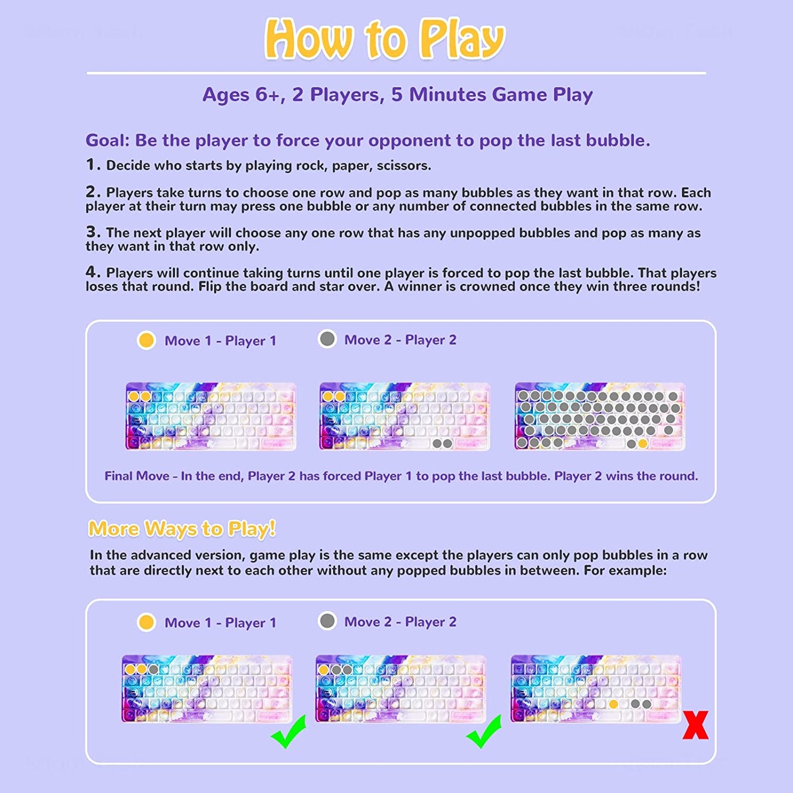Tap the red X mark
coord(695,725)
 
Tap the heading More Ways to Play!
coord(182,528)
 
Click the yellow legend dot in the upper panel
coord(146,340)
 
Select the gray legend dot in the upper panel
coord(327,339)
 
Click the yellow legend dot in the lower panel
coord(146,622)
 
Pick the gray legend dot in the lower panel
coord(327,621)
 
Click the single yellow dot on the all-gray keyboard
coord(643,443)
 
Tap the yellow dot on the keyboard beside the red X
coord(613,704)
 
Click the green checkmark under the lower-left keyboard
coord(289,732)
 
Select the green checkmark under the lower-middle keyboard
coord(484,732)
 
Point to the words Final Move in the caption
coord(137,476)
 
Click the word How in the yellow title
coord(308,40)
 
